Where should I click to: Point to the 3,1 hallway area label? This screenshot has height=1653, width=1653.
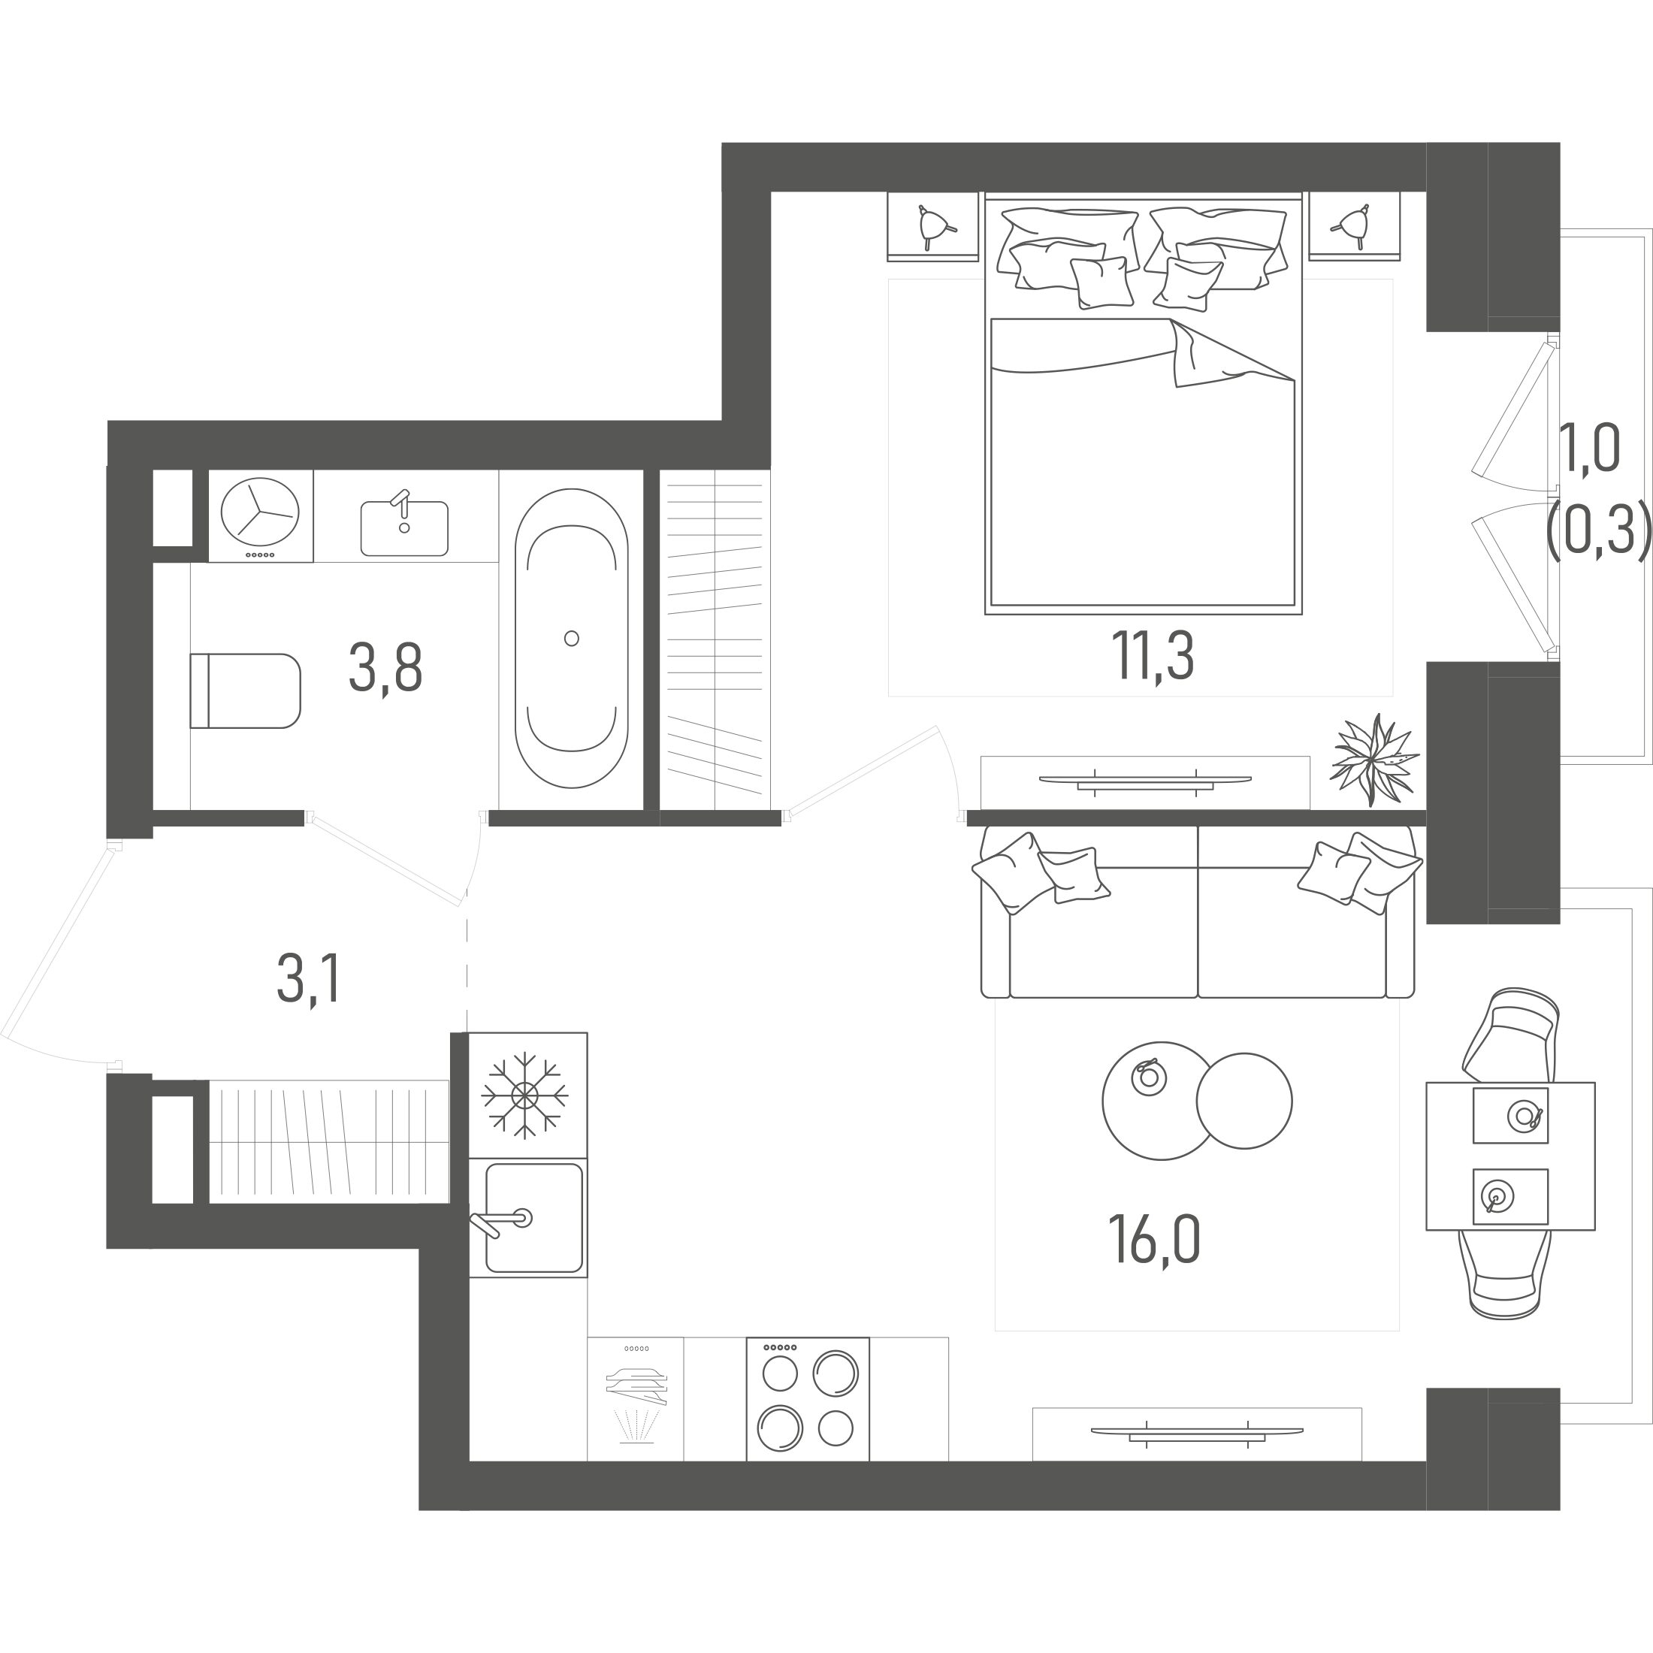(309, 979)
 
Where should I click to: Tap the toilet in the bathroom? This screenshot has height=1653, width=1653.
(246, 691)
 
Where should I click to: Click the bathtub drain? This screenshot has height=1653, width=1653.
(572, 637)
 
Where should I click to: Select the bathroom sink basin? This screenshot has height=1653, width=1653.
(403, 528)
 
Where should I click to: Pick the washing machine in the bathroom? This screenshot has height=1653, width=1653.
(260, 515)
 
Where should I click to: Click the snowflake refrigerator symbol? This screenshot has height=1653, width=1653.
(524, 1095)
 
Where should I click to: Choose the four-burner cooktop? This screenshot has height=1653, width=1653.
(808, 1399)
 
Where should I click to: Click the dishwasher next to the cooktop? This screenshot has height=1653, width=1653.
(636, 1399)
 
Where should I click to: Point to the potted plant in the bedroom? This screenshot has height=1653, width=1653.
(1373, 759)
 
